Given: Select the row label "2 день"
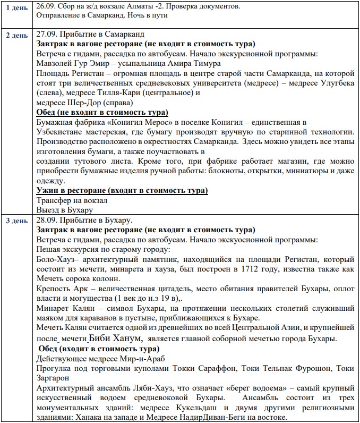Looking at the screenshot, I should pyautogui.click(x=16, y=36).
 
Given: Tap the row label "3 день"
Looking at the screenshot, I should pyautogui.click(x=16, y=220).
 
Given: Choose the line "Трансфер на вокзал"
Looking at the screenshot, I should pyautogui.click(x=72, y=200).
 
